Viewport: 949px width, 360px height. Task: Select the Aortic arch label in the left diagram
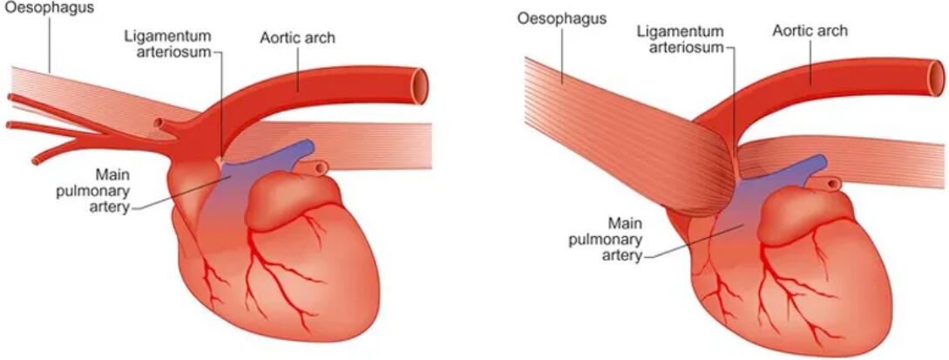[x=297, y=38]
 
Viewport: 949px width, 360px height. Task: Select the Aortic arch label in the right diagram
[x=810, y=31]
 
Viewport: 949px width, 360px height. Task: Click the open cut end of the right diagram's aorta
[x=936, y=77]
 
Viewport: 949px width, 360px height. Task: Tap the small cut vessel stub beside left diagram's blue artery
[x=320, y=166]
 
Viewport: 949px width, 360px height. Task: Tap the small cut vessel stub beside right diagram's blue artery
[x=833, y=182]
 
